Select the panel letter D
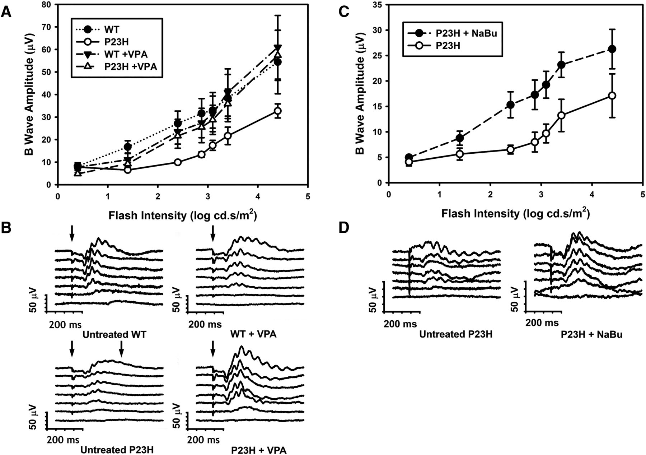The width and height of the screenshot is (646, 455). point(345,228)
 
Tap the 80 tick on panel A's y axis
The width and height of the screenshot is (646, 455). point(47,5)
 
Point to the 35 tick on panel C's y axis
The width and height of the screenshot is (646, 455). point(378,5)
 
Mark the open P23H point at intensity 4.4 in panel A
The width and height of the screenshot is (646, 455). point(277,111)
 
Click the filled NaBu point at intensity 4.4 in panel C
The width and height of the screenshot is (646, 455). point(612,49)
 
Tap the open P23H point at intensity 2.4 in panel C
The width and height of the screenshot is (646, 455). point(510,150)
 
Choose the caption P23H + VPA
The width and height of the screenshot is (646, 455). point(258,450)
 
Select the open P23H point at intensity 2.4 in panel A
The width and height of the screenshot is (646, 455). point(177,162)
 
